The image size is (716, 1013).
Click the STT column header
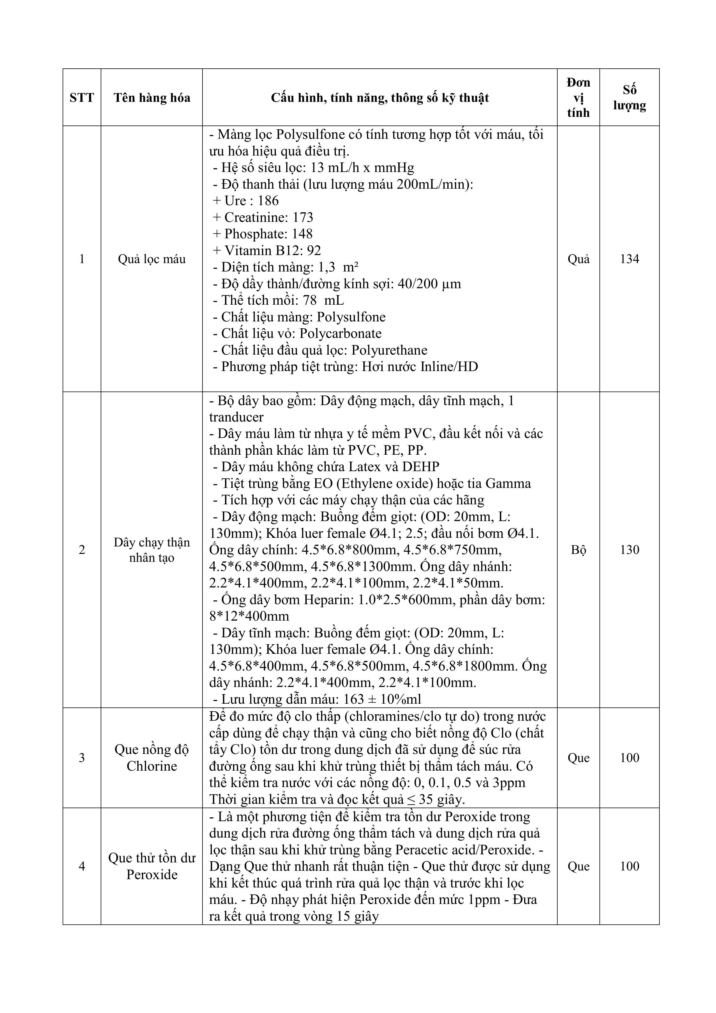[82, 98]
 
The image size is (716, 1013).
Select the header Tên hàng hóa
[152, 98]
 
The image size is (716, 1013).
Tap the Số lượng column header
[629, 98]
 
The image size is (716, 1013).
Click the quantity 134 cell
[629, 259]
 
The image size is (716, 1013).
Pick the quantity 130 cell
[629, 550]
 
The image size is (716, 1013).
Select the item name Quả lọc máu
[152, 259]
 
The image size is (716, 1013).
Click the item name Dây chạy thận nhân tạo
[152, 550]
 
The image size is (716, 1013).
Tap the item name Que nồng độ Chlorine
[152, 758]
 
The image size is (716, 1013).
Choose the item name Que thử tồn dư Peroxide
[152, 866]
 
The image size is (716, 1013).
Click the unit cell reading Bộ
[578, 550]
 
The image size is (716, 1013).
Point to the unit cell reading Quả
[578, 259]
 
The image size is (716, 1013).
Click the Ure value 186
[268, 201]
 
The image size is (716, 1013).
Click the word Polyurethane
[391, 350]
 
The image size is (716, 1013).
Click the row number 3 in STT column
[82, 758]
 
